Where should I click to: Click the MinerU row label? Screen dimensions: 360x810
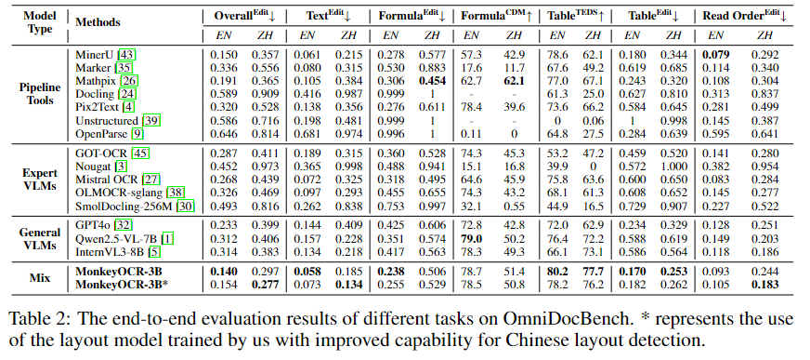(93, 58)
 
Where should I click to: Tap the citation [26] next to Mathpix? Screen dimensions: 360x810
(129, 82)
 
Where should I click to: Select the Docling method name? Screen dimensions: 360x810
(94, 95)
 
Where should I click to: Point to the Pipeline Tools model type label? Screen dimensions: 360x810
(39, 95)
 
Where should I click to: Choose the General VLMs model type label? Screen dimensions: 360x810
(39, 238)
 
